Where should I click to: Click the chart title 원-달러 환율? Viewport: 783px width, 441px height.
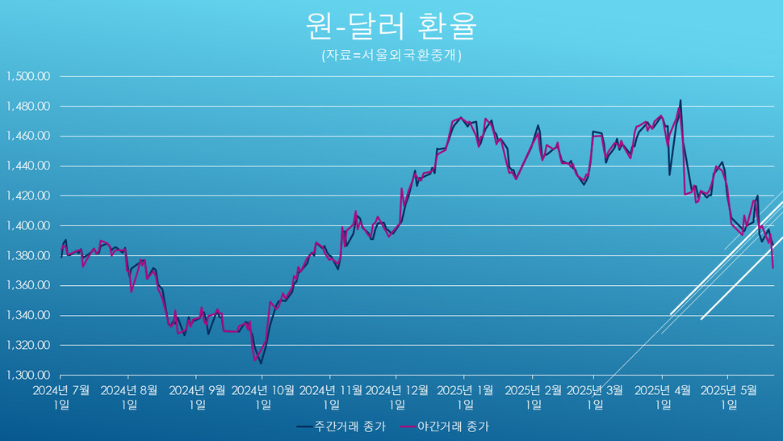pos(391,26)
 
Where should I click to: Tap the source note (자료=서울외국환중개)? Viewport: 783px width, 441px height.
pos(391,56)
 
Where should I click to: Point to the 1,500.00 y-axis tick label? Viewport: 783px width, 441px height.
pos(29,77)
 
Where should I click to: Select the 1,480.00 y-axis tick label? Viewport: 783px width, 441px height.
pos(29,107)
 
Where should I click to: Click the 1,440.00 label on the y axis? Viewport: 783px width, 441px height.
pos(29,166)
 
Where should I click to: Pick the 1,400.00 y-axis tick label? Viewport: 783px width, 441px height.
pos(29,226)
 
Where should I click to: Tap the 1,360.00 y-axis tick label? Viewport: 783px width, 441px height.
pos(29,286)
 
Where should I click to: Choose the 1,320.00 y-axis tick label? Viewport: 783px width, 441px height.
pos(29,346)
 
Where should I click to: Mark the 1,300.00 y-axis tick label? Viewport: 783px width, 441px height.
pos(29,376)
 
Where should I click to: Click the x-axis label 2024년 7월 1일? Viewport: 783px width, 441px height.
pos(61,397)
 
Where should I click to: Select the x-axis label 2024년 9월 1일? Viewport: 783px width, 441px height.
pos(197,397)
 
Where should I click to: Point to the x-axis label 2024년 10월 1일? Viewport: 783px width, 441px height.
pos(263,397)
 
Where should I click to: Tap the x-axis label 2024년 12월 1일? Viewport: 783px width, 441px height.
pos(397,397)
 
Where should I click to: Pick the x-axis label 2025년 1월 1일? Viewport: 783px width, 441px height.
pos(465,397)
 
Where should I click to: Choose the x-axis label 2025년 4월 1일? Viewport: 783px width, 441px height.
pos(663,397)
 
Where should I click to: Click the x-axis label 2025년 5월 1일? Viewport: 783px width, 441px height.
pos(728,397)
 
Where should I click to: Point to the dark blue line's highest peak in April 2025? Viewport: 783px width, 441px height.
pos(680,101)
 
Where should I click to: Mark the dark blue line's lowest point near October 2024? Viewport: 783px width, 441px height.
pos(261,363)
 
